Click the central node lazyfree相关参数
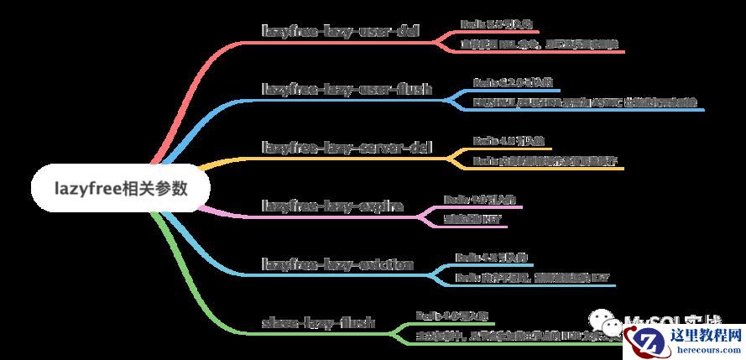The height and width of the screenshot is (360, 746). pos(121,186)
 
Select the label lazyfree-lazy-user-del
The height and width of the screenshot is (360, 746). pos(341,32)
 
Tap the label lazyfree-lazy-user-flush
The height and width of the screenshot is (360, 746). pos(347,88)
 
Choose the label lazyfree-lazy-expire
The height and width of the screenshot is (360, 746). pos(333,205)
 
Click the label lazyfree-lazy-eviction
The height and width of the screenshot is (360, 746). pos(337,264)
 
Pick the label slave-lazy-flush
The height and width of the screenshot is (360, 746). pos(319,322)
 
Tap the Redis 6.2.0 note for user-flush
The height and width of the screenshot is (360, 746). pos(513,82)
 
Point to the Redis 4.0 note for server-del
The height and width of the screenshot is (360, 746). pos(502,141)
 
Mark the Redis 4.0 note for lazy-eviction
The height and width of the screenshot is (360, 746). pos(492,257)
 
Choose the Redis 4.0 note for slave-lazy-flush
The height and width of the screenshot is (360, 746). pos(453,316)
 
